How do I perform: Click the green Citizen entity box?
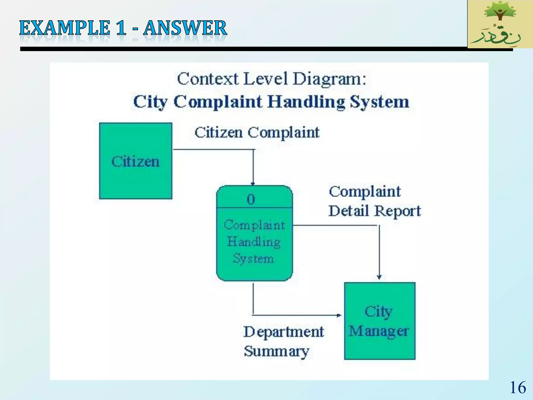(136, 161)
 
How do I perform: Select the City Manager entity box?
(379, 321)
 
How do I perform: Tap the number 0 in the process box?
(251, 200)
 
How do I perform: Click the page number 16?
(518, 387)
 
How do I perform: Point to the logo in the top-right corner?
(500, 24)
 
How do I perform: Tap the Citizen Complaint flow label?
(257, 133)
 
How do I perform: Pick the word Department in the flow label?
(284, 332)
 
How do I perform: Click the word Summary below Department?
(276, 351)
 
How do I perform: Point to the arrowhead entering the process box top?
(253, 184)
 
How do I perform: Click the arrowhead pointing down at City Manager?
(379, 277)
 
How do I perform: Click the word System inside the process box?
(253, 259)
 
